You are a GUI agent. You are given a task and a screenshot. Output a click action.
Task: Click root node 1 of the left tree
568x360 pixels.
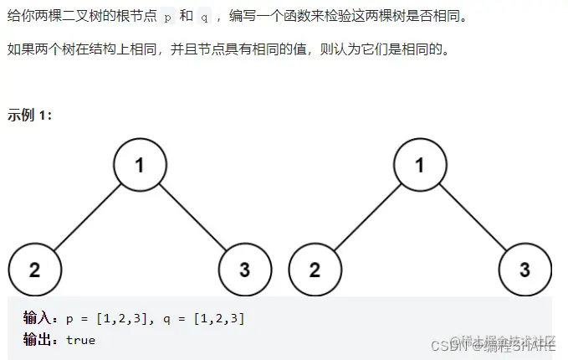[140, 164]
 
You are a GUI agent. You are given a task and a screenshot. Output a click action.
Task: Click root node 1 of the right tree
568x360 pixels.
[420, 164]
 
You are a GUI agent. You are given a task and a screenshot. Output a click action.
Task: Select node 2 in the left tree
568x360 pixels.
[34, 270]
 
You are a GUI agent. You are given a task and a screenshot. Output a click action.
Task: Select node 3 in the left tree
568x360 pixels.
[244, 270]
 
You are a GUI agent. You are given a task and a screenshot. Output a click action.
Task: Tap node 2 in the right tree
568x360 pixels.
[315, 270]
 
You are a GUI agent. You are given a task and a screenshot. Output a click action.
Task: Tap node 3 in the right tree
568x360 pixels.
[525, 270]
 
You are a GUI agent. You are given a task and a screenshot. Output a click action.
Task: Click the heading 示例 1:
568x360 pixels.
[30, 115]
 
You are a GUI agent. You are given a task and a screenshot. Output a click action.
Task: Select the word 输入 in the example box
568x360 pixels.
[38, 318]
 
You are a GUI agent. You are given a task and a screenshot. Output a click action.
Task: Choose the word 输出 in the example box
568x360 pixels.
[38, 340]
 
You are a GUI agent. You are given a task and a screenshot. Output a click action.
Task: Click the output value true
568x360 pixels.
[81, 340]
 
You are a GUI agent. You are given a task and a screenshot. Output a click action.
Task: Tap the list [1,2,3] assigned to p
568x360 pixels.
[123, 318]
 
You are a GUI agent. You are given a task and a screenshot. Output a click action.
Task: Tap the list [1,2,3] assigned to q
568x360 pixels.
[218, 318]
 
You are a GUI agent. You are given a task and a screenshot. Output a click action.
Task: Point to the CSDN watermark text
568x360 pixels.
[457, 345]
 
